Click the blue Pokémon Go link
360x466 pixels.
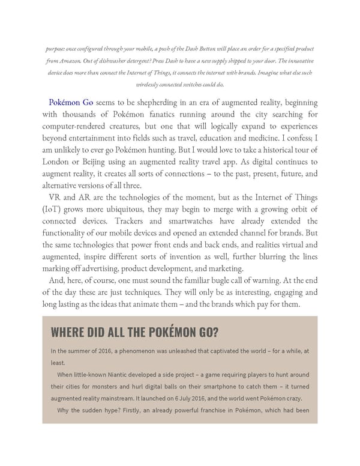[x=71, y=103]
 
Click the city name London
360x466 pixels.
[x=59, y=163]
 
